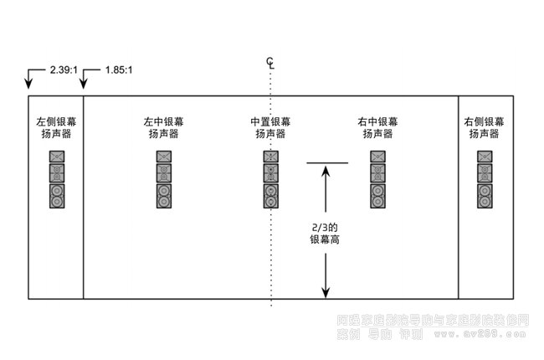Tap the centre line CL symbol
coord(269,62)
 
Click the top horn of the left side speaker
coord(56,157)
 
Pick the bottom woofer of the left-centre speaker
coord(164,196)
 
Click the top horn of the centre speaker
coord(271,157)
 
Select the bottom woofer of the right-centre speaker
coord(378,196)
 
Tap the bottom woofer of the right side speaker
coord(485,196)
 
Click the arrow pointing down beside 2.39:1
coord(28,80)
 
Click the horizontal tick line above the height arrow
coord(326,162)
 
